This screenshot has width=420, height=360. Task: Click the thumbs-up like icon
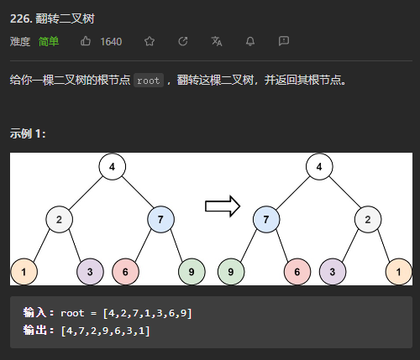(86, 41)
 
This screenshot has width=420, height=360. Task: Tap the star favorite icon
(150, 41)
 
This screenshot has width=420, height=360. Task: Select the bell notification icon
(250, 41)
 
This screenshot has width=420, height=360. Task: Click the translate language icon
(217, 41)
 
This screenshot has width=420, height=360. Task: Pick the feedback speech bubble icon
(284, 41)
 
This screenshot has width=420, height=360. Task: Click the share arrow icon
(183, 41)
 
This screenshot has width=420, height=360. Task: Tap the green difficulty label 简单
(49, 41)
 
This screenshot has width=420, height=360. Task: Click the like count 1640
(111, 42)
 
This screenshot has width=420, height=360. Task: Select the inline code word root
(149, 81)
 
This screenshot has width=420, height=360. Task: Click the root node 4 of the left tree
(113, 166)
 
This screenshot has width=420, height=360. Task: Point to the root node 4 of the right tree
(319, 166)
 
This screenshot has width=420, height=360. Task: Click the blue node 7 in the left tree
(160, 219)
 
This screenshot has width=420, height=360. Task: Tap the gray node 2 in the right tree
(368, 219)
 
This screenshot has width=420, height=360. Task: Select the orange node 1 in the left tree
(24, 272)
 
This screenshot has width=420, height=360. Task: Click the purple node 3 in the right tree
(333, 272)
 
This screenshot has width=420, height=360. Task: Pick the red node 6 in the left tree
(125, 272)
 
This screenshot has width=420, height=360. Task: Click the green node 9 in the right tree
(231, 272)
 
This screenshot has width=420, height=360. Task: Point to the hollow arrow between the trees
(223, 206)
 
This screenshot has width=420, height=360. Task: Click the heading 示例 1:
(28, 133)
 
